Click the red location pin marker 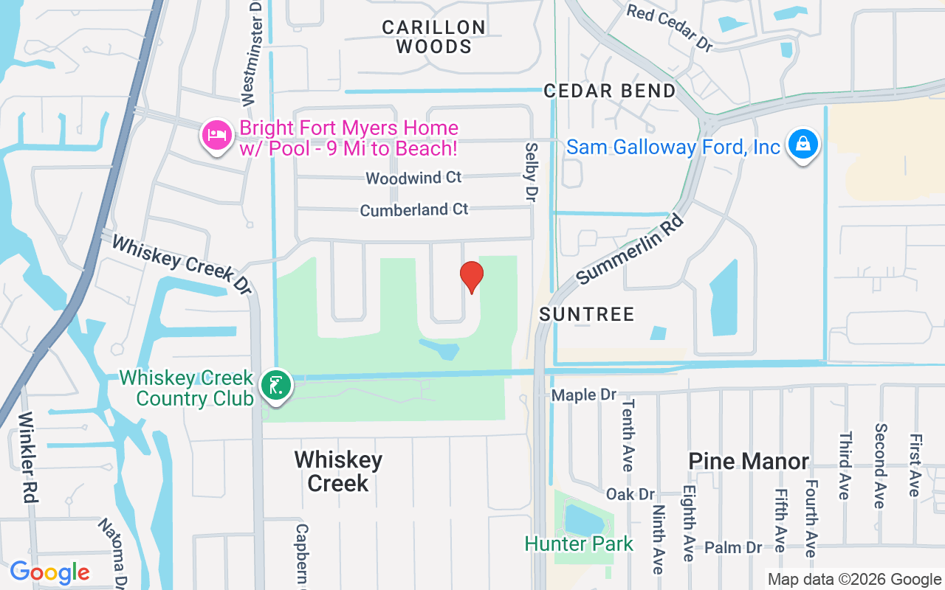point(471,277)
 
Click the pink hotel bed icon point(216,135)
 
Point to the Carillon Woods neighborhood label point(434,37)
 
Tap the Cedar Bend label point(610,91)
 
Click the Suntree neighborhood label point(587,314)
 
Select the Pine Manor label point(749,461)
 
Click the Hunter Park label point(579,544)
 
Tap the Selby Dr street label point(530,172)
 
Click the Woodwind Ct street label point(413,178)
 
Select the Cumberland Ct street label point(414,209)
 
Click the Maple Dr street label point(583,395)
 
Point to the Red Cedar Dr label point(670,28)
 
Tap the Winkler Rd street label point(27,457)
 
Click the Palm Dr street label point(733,547)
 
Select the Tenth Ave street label point(628,435)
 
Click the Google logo point(49,572)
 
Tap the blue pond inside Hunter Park point(583,519)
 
